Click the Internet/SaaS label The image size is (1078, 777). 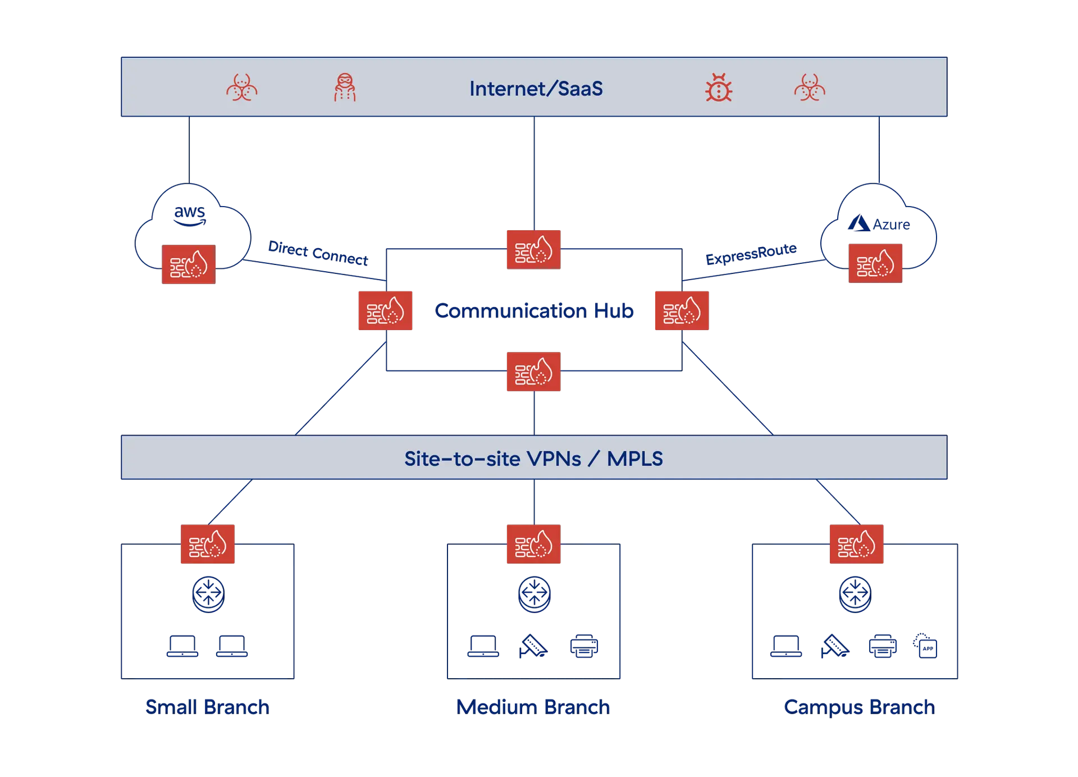coord(536,89)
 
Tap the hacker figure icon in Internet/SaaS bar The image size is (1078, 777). coord(345,88)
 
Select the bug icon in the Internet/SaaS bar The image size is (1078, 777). coord(719,88)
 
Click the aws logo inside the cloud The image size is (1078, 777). coord(190,214)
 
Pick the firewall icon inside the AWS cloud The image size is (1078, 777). coord(189,264)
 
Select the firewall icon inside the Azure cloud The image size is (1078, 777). coord(875,263)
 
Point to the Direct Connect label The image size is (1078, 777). coord(318,253)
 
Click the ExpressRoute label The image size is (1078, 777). coord(751,254)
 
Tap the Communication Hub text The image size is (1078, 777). coord(534,310)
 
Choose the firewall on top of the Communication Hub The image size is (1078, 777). coord(533,249)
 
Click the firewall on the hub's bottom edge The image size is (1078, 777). coord(533,372)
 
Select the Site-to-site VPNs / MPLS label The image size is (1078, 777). coord(533,459)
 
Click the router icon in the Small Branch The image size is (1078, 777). coord(208,594)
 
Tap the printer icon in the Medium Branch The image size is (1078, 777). coord(584,646)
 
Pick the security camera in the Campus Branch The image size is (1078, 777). coord(835,646)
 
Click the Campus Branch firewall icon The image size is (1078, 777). coord(856,544)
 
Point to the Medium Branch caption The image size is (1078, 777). coord(533,706)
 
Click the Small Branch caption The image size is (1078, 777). coord(207,706)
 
